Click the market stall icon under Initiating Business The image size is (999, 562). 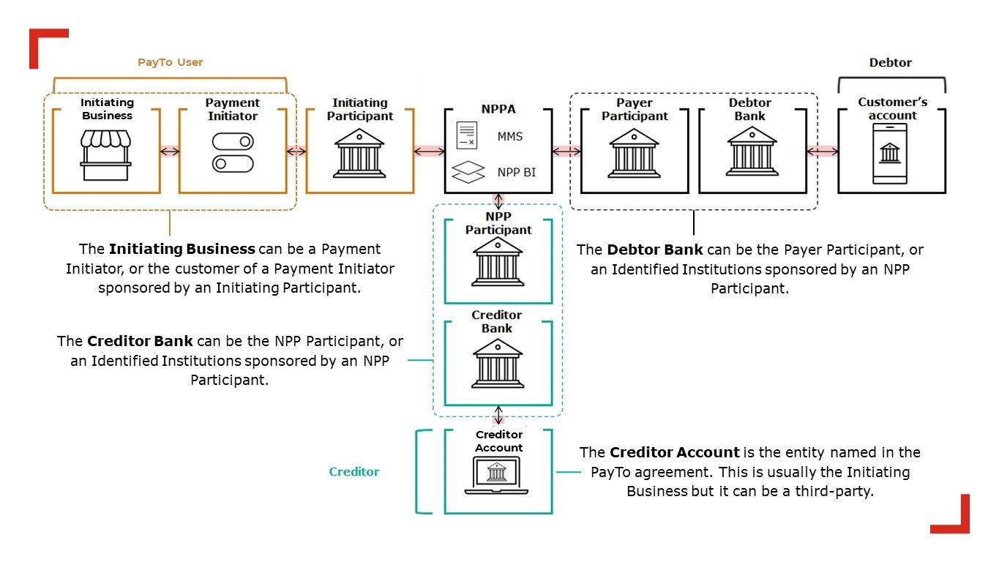(105, 155)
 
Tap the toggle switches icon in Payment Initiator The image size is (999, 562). (233, 152)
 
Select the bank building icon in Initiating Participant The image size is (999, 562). (359, 154)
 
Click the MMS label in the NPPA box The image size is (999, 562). (510, 137)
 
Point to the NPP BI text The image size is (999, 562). (517, 172)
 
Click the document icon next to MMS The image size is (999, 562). (467, 135)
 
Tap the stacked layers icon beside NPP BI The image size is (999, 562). (468, 172)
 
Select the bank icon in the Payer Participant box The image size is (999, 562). (634, 154)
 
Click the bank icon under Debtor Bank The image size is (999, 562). (752, 151)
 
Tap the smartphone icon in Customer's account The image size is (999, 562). (890, 154)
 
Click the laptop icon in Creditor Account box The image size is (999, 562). (496, 476)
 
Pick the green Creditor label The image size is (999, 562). (354, 471)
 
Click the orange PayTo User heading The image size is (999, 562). (170, 62)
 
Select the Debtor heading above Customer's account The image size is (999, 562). (890, 62)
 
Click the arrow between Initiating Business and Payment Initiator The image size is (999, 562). (170, 151)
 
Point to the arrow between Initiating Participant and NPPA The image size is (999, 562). (429, 151)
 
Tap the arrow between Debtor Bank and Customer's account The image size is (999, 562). (823, 151)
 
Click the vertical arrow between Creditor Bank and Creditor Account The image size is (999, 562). (498, 415)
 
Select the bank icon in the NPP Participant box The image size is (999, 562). (498, 262)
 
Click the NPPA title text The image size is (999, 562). (498, 109)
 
